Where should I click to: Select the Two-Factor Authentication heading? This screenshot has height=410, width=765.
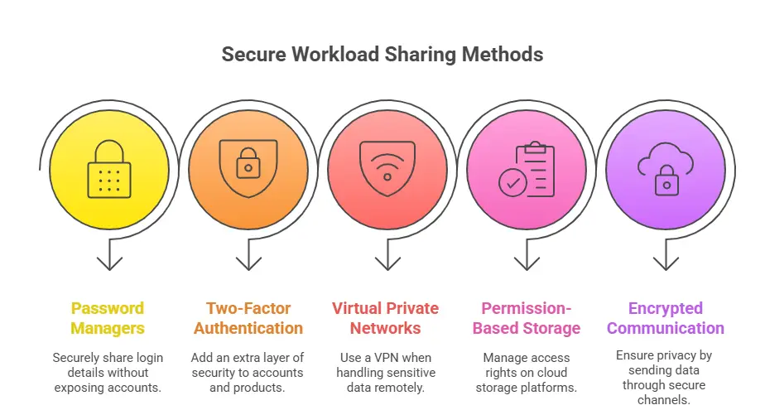[x=248, y=318]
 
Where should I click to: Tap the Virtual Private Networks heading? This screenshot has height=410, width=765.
[x=387, y=318]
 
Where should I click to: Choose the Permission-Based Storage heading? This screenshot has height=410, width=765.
[x=527, y=318]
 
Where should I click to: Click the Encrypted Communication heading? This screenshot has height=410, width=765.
[x=665, y=318]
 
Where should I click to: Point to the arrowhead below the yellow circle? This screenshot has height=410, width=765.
[x=109, y=263]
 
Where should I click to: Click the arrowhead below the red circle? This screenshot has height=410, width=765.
[x=387, y=263]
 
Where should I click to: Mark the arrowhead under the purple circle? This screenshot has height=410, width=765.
[x=665, y=263]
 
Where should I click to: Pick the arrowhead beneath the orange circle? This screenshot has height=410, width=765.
[x=248, y=263]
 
